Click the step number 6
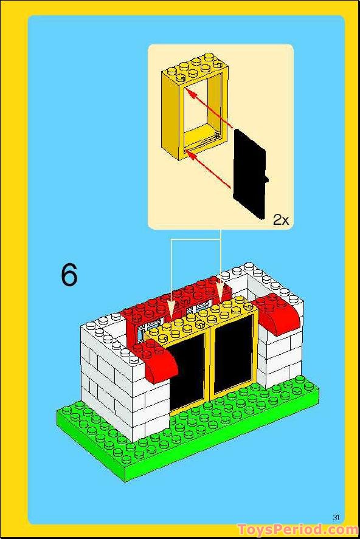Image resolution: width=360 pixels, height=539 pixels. pos(69,275)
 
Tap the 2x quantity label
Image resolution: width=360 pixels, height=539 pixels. pos(280,220)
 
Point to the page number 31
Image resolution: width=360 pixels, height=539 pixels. pos(336,517)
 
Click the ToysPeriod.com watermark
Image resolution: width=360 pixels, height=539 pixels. pos(297,529)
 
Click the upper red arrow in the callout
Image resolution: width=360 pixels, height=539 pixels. pos(210,109)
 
